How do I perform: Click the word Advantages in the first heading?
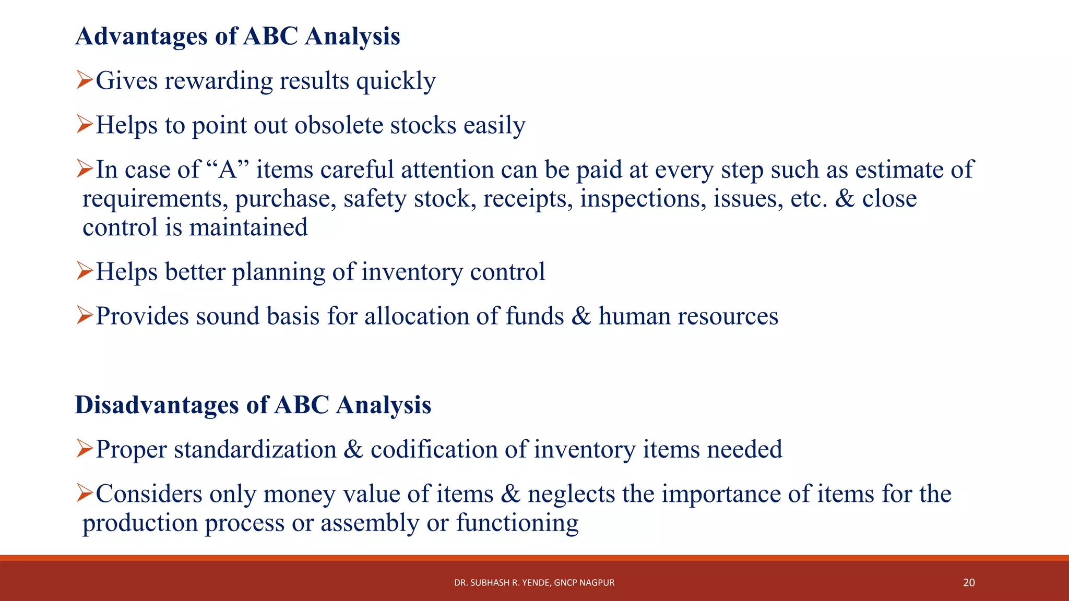click(x=141, y=37)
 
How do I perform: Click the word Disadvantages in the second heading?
click(x=157, y=405)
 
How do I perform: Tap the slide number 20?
click(x=969, y=583)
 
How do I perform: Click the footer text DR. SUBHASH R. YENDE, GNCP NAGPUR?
click(x=534, y=583)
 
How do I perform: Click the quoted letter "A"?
click(x=228, y=170)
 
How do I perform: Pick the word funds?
click(x=534, y=316)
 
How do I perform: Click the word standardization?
click(x=255, y=450)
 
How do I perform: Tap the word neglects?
click(x=571, y=494)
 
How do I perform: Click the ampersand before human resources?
click(x=581, y=316)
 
